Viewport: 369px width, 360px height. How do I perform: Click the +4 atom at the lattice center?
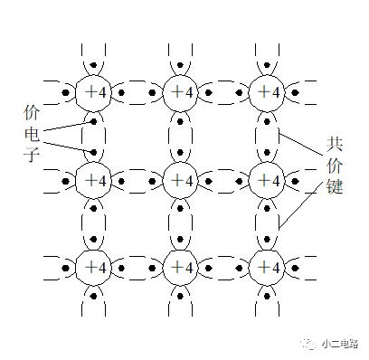[x=181, y=180]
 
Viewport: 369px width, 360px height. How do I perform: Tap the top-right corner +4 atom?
[x=267, y=92]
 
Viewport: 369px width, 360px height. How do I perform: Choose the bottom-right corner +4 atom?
[x=267, y=268]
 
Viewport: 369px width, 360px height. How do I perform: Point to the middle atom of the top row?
[x=181, y=92]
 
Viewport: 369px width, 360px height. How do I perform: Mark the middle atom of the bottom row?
[x=181, y=268]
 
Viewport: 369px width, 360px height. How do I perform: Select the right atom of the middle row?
[x=267, y=180]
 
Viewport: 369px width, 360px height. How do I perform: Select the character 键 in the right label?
[x=336, y=191]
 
